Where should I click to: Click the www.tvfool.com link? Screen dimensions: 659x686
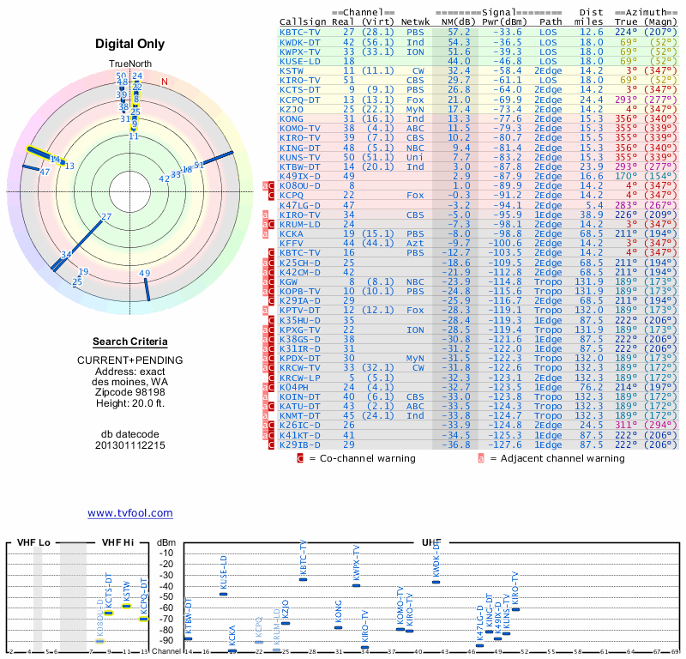130,513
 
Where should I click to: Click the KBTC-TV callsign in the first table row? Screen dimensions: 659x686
300,33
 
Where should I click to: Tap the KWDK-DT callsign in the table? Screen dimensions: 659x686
300,42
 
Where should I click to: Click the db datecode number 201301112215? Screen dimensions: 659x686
130,445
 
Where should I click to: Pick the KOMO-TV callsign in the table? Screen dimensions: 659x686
300,128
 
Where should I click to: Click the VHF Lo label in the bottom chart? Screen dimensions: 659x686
33,543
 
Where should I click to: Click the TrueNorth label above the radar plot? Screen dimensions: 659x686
129,63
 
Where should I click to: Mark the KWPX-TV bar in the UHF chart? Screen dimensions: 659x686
356,585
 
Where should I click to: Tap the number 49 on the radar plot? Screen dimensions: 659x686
145,275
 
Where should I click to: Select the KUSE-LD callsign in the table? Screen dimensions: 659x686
300,61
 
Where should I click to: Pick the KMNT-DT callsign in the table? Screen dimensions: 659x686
300,416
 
